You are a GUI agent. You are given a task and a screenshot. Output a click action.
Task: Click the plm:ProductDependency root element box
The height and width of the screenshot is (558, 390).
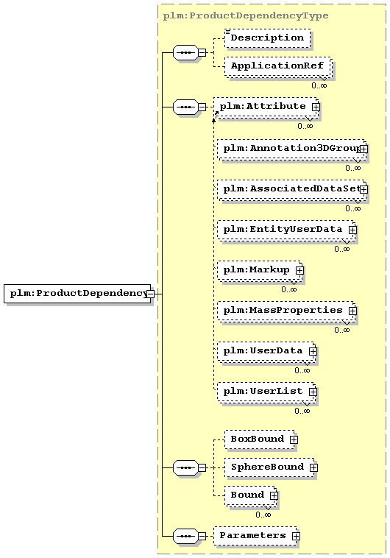tap(77, 294)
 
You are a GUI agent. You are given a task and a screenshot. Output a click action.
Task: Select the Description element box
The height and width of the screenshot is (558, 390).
tap(268, 38)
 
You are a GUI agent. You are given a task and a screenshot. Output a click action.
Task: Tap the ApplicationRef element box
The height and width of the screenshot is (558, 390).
tap(277, 66)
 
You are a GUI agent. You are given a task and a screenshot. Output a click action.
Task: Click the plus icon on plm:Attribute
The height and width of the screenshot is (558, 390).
tap(316, 107)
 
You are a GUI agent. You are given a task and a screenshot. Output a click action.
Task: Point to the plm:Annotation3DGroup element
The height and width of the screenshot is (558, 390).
tap(292, 149)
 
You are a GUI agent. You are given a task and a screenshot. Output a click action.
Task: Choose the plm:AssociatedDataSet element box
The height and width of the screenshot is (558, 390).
tap(292, 190)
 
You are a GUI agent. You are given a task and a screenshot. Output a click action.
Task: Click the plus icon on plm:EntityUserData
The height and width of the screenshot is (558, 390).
tap(352, 230)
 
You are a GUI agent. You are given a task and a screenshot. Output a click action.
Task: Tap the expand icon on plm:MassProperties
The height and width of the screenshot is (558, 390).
tap(352, 311)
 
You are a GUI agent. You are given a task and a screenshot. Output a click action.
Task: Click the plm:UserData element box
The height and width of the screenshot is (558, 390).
tap(266, 352)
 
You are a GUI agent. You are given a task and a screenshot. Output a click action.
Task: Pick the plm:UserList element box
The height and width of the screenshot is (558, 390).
tap(266, 392)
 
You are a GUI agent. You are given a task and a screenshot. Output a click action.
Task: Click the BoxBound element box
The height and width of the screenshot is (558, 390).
tap(260, 439)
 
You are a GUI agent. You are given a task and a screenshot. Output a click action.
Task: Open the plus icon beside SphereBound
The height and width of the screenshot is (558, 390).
tap(313, 467)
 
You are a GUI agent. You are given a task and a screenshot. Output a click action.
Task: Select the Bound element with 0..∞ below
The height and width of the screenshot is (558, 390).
tap(251, 495)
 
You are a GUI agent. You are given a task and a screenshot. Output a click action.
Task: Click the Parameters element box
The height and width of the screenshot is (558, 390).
tap(255, 536)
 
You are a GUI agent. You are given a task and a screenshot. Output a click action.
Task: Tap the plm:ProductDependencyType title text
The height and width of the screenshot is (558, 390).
tap(246, 15)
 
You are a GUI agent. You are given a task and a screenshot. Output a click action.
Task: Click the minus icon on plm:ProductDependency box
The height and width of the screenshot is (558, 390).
tap(151, 294)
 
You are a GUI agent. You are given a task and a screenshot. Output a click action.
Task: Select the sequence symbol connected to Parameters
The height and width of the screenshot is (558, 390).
tap(185, 537)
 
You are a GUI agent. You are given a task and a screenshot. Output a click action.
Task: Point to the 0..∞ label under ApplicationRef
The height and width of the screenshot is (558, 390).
tap(319, 85)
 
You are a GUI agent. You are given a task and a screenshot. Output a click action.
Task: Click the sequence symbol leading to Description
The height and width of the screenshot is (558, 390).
tap(185, 53)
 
